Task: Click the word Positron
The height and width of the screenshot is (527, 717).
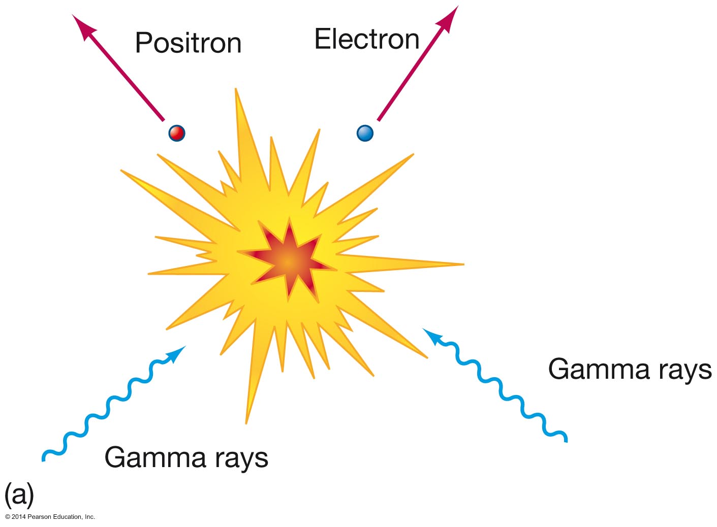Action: (188, 43)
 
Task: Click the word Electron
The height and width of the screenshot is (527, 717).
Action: (367, 39)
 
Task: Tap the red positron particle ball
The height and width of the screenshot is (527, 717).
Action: (177, 133)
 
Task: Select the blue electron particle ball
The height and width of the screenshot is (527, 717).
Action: (365, 133)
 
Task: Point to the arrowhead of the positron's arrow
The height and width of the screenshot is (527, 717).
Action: (83, 25)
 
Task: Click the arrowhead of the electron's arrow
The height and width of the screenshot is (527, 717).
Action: (450, 18)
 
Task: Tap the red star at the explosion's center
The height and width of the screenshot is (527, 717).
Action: (288, 261)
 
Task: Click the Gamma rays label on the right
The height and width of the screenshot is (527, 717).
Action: (630, 369)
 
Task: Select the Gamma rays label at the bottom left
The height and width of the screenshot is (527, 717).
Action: (186, 457)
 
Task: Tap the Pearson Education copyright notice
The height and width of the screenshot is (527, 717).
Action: (50, 517)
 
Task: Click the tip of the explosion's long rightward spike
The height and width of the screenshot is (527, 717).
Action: (462, 264)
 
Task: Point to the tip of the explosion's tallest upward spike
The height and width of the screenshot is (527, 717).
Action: (236, 90)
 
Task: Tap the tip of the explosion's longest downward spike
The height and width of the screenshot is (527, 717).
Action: (246, 421)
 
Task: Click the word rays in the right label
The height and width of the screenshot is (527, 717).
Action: (684, 370)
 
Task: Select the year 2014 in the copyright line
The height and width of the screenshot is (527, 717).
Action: (19, 517)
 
